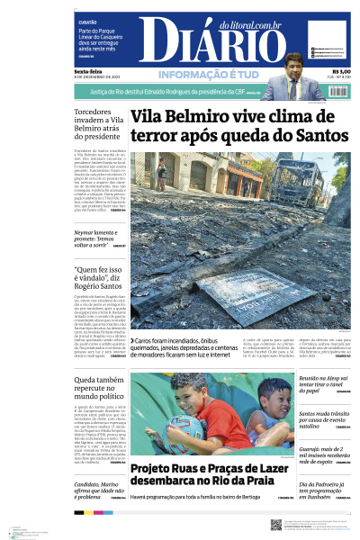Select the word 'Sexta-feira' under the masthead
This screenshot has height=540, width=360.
88,72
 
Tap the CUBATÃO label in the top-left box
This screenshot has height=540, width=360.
87,22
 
